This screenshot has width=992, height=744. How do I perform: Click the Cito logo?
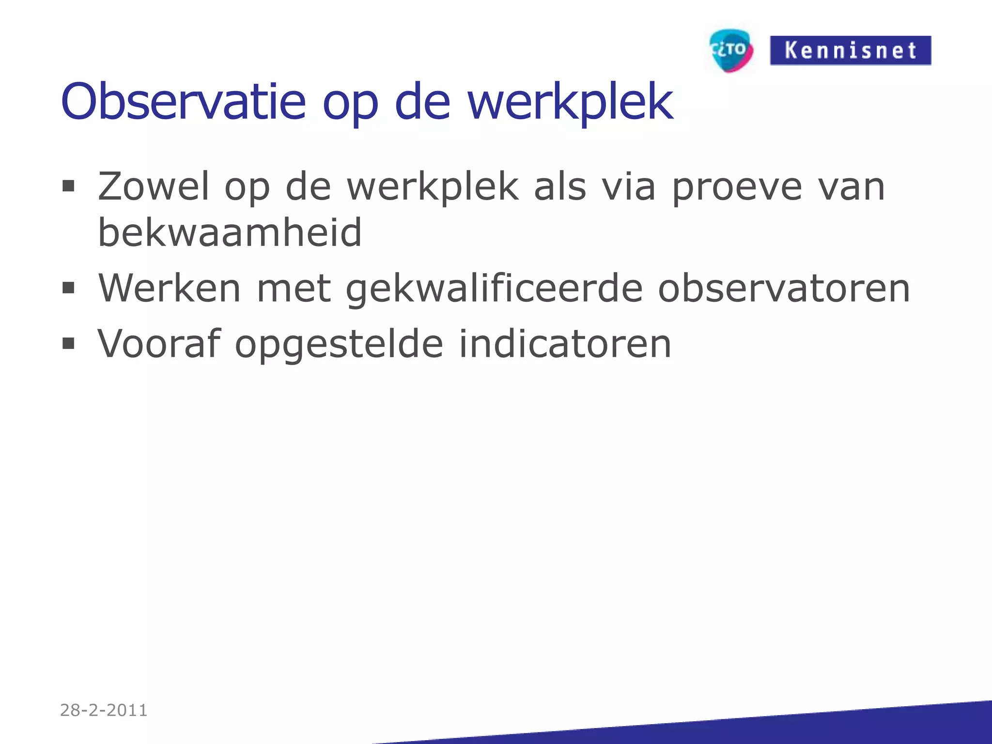tap(731, 50)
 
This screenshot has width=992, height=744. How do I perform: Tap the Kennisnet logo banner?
tap(850, 50)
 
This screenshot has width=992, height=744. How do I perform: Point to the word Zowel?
tap(154, 186)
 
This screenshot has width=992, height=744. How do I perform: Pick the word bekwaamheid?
tap(230, 232)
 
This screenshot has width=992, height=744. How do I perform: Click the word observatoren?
tap(784, 288)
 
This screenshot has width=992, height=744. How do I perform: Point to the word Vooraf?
tap(159, 343)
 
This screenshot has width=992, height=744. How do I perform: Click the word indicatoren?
tap(565, 343)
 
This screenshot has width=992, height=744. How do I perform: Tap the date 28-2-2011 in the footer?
tap(104, 710)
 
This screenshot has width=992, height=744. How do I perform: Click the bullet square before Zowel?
tap(68, 186)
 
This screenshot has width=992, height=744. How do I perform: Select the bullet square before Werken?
tap(68, 288)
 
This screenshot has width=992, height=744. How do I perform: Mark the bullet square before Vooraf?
tap(68, 343)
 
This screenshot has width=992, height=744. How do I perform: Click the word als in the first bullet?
tap(559, 186)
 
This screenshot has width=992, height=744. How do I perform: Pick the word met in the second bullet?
tap(294, 288)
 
